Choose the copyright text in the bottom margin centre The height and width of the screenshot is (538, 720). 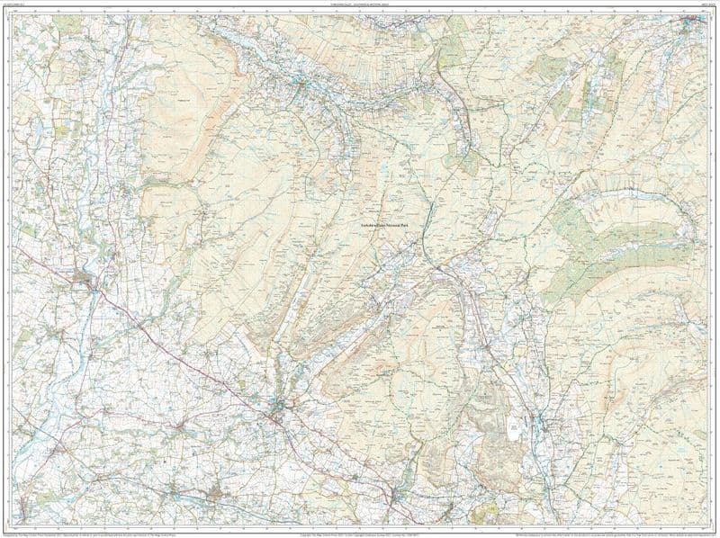pos(360,528)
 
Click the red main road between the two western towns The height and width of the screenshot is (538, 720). pos(180,346)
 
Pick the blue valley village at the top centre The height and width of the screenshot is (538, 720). pos(297,85)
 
